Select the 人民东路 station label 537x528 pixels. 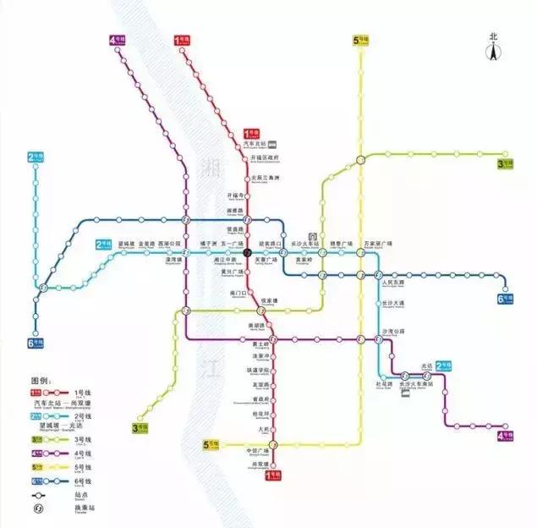tap(394, 283)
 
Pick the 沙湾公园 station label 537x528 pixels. tap(394, 332)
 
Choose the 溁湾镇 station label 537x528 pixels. tap(174, 261)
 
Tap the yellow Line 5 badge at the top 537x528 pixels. tap(360, 40)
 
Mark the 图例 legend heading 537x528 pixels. tap(43, 381)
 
